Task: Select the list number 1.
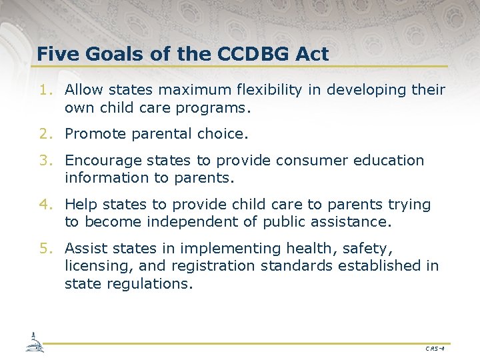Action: click(x=44, y=90)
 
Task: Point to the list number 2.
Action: click(x=44, y=134)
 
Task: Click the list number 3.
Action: click(x=44, y=161)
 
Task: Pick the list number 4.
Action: click(x=44, y=205)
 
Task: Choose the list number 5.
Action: click(x=44, y=249)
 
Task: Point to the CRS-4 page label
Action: click(x=433, y=348)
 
